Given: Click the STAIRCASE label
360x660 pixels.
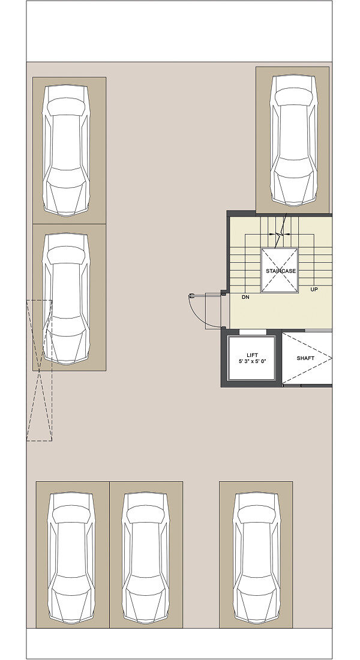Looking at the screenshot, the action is [280, 271].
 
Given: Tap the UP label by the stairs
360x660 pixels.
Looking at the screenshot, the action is [314, 290].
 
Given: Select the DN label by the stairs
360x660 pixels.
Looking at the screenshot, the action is [245, 297].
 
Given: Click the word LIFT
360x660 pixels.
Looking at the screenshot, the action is [252, 355].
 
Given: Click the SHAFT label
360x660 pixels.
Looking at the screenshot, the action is [305, 358].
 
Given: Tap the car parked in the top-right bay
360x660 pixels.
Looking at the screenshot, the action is [293, 140].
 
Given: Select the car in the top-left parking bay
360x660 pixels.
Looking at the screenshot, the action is [66, 150].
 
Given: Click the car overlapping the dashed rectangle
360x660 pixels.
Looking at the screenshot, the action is [66, 298].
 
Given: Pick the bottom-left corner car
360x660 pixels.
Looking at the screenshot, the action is [71, 558].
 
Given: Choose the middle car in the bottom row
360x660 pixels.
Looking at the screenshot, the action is [146, 558].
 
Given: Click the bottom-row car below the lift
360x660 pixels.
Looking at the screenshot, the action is [256, 558].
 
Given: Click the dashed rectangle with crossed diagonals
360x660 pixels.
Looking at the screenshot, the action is [39, 370].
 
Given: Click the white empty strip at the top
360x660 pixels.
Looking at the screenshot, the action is [179, 31].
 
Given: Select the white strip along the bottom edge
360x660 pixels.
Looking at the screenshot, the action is [179, 644].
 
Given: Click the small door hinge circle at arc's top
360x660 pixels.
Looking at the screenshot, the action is [191, 296].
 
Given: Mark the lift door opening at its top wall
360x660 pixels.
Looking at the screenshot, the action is [253, 332].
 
